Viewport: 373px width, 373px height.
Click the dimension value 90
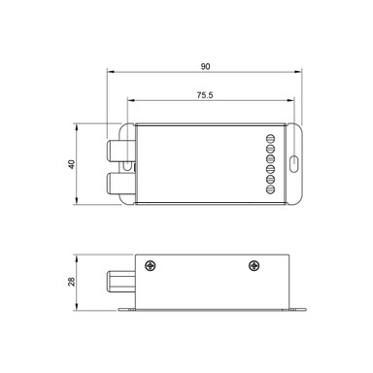pos(205,66)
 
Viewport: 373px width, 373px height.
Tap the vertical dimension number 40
pos(71,164)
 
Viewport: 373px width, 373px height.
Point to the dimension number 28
pos(71,282)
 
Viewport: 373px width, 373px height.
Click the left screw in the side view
pos(150,266)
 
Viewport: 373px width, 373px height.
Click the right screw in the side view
pos(254,266)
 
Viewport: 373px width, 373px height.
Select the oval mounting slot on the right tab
pos(293,164)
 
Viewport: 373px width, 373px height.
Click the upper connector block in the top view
pos(119,147)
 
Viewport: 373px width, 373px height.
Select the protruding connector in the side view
pos(116,283)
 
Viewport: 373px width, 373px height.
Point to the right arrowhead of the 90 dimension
pos(301,72)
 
